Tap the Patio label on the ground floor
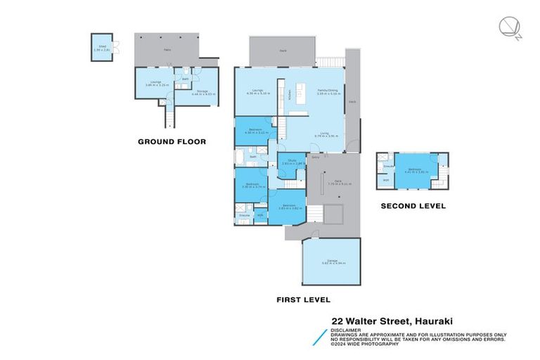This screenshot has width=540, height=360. click(x=167, y=50)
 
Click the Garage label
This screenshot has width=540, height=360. click(x=330, y=260)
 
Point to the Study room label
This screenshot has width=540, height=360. click(x=291, y=161)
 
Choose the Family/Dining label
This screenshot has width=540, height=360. click(x=326, y=90)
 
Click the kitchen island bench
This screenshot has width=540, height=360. click(x=304, y=90)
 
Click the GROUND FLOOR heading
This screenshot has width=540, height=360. click(x=172, y=142)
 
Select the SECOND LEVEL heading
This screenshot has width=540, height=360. click(x=413, y=206)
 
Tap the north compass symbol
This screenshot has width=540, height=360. click(x=508, y=27)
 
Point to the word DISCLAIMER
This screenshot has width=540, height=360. click(x=347, y=328)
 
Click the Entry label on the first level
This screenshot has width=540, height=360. click(x=316, y=157)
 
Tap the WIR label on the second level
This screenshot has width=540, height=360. click(x=386, y=181)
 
